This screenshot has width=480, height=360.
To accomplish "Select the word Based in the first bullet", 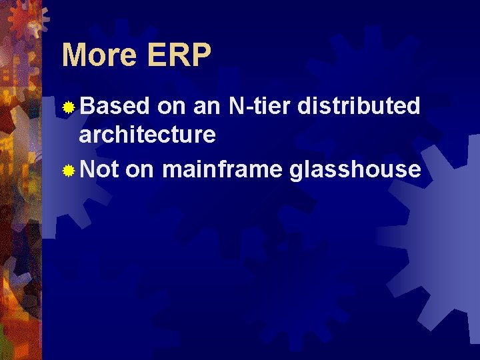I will (115, 105).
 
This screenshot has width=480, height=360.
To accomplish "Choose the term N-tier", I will (260, 105).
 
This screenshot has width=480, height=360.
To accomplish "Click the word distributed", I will (359, 105).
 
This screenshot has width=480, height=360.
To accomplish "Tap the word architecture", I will (147, 135).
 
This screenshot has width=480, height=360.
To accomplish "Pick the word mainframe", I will (223, 169).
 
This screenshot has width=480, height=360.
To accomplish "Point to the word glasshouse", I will (355, 169).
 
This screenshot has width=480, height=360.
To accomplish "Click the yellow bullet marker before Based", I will (69, 107).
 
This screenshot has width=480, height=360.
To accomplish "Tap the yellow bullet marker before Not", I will (69, 171).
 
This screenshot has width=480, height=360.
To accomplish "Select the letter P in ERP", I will (199, 56).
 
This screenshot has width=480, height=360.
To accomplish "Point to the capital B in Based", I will (87, 105).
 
